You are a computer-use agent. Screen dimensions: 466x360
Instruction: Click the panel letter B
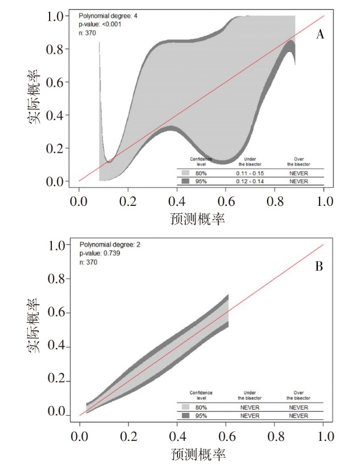(x=319, y=266)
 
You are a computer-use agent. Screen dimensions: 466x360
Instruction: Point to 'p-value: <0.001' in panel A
(x=100, y=25)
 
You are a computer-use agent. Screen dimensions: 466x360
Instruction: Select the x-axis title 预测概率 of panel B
(x=198, y=455)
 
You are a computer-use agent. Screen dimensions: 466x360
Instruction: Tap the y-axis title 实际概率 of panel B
(x=35, y=325)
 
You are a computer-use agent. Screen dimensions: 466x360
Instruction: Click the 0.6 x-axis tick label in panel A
(x=226, y=201)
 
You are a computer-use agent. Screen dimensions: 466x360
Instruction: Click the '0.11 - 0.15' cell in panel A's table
(x=249, y=172)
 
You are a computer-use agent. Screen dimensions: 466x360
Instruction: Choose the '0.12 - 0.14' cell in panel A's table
(x=249, y=181)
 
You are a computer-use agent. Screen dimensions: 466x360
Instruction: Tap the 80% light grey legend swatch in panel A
(x=186, y=172)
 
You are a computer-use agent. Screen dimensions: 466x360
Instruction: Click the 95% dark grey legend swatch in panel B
(x=186, y=416)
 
